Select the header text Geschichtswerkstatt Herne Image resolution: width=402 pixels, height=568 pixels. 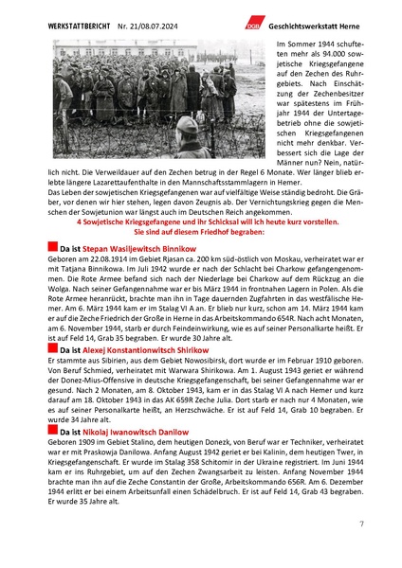(x=312, y=22)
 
